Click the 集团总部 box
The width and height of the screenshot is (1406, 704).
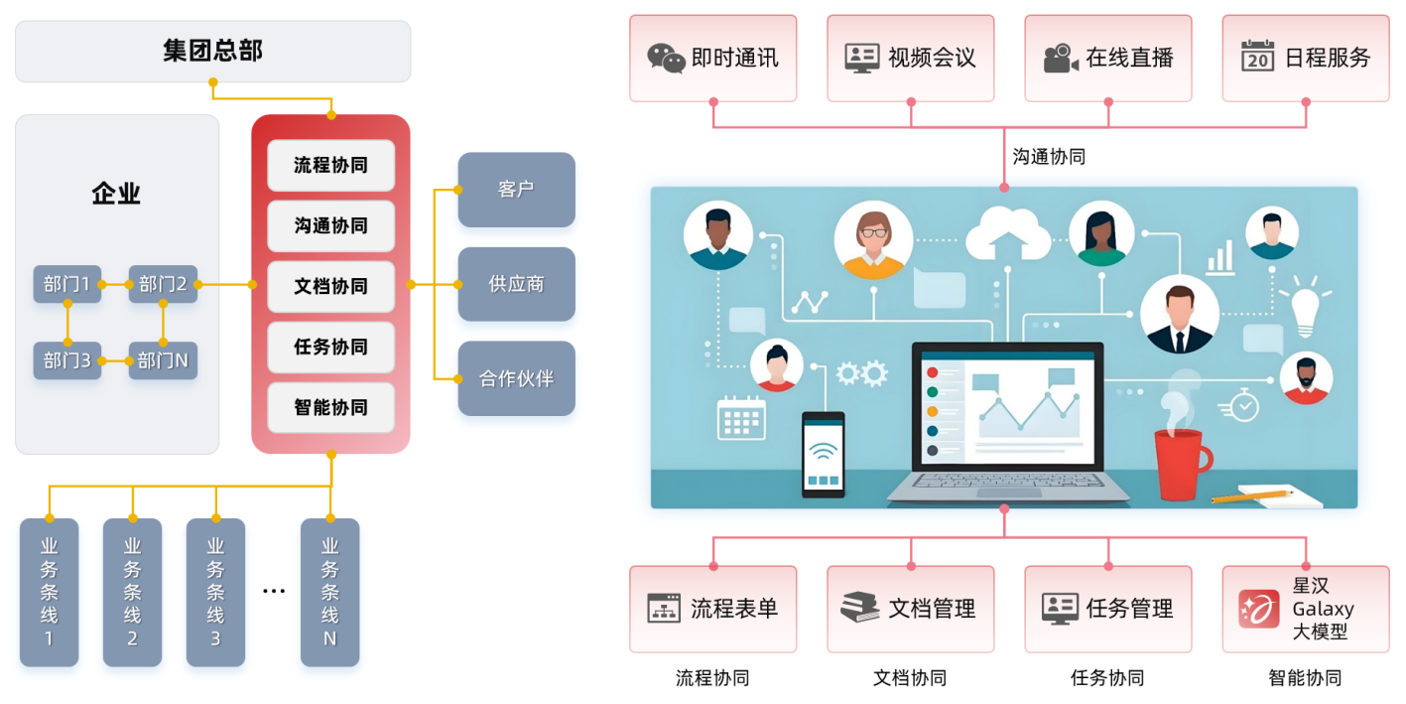coord(212,51)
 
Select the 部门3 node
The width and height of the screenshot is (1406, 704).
coord(67,360)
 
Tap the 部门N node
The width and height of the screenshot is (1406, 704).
coord(163,360)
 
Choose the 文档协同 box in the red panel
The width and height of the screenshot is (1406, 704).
coord(330,286)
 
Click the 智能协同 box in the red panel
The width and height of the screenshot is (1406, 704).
coord(330,407)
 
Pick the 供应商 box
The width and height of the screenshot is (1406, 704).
coord(516,284)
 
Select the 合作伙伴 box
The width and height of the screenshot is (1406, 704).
coord(516,378)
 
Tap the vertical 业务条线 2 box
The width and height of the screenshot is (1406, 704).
coord(132,592)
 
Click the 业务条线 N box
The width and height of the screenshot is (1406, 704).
coord(329,592)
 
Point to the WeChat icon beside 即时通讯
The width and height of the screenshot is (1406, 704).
coord(666,58)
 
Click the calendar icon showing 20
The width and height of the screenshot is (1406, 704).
coord(1257,57)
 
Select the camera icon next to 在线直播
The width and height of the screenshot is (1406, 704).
coord(1060,58)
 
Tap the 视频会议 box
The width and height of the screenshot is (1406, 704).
coord(910,58)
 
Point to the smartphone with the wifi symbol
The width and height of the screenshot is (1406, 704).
coord(823,454)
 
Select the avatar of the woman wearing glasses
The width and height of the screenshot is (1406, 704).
coord(873,239)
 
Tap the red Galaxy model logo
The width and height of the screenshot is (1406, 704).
coord(1258,609)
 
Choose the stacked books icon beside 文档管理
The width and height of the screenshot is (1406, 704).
coord(859,608)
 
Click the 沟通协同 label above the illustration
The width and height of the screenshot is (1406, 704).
coord(1048,157)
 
